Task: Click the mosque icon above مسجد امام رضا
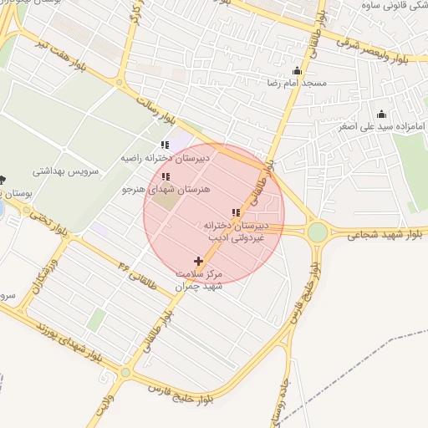[298, 71]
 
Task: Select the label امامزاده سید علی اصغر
[381, 127]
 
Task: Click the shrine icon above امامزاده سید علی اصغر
[382, 115]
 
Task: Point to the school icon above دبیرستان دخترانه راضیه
[165, 145]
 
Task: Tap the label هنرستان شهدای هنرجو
[164, 190]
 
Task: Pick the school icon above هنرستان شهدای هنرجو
[165, 177]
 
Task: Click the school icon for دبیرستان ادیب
[236, 213]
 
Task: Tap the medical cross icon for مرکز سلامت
[198, 262]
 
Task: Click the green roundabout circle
[318, 232]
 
